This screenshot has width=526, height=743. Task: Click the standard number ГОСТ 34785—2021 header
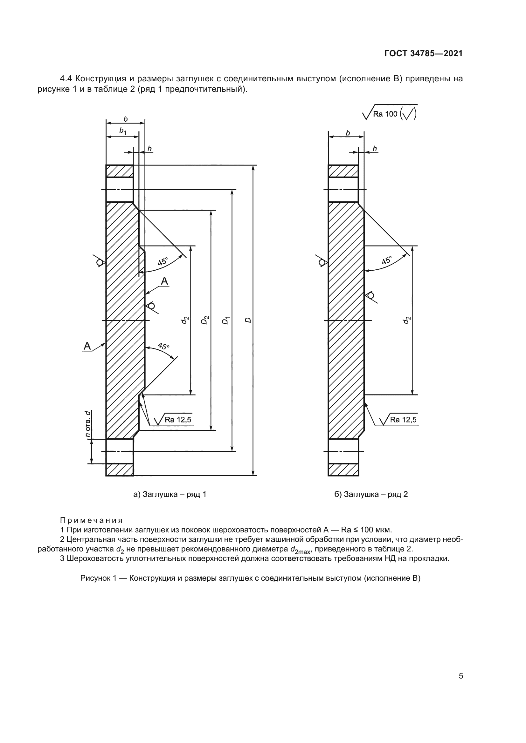[x=423, y=54]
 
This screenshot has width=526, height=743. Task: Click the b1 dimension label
[x=123, y=131]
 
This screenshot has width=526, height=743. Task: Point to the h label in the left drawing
[x=149, y=149]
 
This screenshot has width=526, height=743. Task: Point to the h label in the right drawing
[x=374, y=149]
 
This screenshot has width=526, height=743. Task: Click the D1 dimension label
[x=226, y=321]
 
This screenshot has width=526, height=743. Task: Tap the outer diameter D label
[x=248, y=320]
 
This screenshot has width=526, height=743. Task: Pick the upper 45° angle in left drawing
[x=163, y=261]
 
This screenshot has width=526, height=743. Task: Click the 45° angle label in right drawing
[x=387, y=260]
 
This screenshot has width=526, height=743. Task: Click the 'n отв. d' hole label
[x=87, y=424]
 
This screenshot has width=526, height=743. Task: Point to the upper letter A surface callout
[x=165, y=281]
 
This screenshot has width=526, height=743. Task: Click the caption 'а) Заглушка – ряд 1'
[x=170, y=495]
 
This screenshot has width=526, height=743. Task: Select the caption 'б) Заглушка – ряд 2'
[x=371, y=495]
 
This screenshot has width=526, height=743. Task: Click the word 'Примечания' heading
[x=91, y=520]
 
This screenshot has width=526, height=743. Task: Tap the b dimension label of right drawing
[x=348, y=133]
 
